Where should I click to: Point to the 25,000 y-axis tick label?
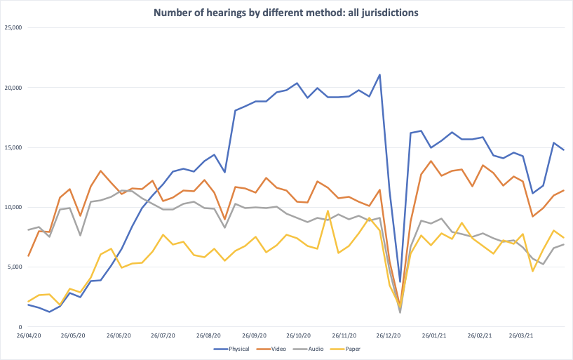[13, 28]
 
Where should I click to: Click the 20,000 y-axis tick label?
[13, 88]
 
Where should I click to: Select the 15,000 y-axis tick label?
[13, 147]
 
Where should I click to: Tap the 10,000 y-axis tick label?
[13, 208]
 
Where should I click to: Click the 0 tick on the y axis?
[21, 327]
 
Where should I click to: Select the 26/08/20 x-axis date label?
[210, 335]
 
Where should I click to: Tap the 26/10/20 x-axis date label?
[299, 335]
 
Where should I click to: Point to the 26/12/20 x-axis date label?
[389, 335]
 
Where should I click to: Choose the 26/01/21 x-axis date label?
[434, 335]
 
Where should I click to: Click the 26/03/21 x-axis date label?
[522, 335]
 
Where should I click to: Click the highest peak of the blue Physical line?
[379, 74]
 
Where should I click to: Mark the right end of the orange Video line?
[563, 190]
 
